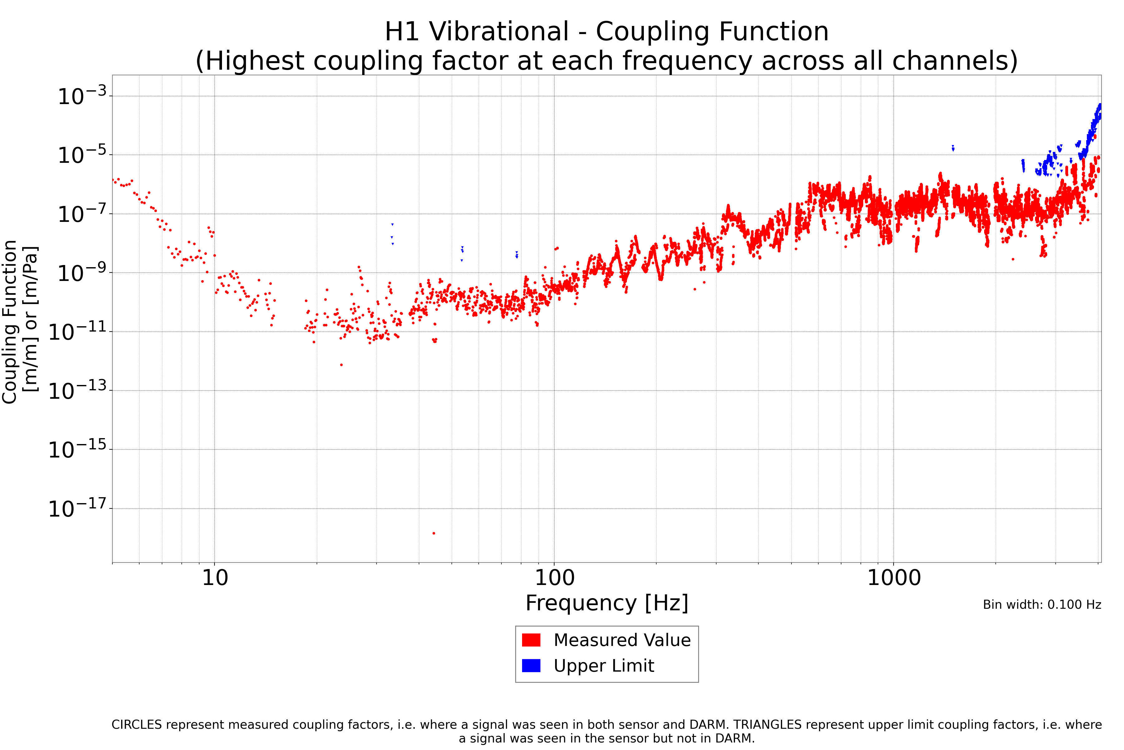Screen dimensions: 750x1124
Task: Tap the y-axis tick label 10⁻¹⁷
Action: pos(77,508)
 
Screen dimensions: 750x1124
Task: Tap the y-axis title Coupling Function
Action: pos(10,322)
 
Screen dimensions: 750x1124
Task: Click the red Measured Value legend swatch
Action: pos(531,640)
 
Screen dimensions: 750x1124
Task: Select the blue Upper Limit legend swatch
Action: pos(531,665)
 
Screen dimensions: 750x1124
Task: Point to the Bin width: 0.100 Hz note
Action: pos(1042,605)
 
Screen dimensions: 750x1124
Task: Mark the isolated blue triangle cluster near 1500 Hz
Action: pos(953,148)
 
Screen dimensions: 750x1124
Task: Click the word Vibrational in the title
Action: pos(499,32)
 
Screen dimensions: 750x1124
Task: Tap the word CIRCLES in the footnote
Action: pos(137,725)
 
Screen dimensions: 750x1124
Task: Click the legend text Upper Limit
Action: pos(604,665)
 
